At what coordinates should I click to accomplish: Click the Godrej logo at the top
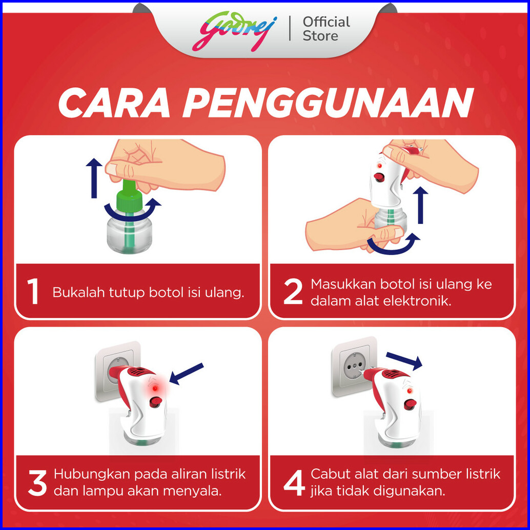coord(235,31)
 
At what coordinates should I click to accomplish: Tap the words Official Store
coord(326,29)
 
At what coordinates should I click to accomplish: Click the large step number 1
coord(33,291)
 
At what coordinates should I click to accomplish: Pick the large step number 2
coord(293,291)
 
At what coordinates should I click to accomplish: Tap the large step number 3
coord(37,483)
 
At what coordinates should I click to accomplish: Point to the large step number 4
coord(294,483)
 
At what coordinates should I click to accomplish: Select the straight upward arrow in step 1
coord(94,178)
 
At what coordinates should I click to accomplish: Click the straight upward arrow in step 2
coord(420,205)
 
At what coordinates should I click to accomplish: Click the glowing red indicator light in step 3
coord(155,389)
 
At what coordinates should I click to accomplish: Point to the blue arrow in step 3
coord(186,374)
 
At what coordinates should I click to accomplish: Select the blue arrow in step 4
coord(404,361)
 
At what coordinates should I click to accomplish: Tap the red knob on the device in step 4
coord(410,404)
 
